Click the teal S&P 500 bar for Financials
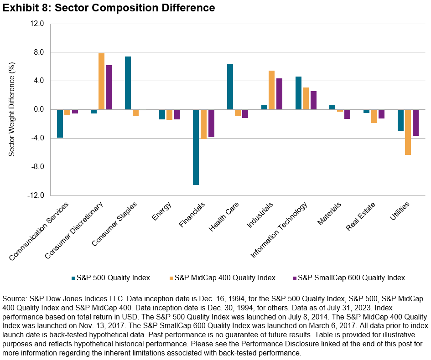pos(196,147)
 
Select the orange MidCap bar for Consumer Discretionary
pos(101,82)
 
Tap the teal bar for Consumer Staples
pos(128,83)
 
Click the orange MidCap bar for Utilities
pos(408,132)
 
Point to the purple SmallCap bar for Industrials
pos(280,94)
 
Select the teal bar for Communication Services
pos(60,123)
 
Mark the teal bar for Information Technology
pos(298,93)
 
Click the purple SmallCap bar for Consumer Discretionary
pos(109,87)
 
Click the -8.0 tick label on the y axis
pos(37,167)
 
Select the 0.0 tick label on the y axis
pos(38,109)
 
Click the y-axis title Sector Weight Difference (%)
pos(12,109)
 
